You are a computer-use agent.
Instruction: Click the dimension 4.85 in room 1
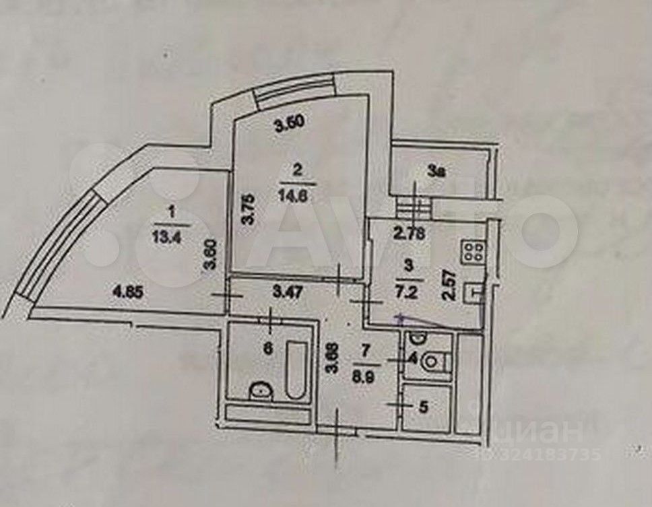click(129, 292)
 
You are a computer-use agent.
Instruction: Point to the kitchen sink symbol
click(478, 292)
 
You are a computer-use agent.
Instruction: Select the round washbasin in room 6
click(257, 391)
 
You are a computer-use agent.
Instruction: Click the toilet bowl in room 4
click(433, 362)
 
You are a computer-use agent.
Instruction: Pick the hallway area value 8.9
click(364, 370)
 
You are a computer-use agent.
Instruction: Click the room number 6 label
click(269, 349)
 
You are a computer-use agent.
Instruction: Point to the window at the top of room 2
click(296, 88)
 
